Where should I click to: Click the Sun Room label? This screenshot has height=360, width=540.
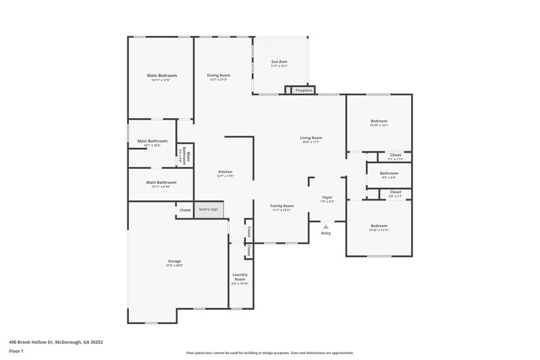tap(279, 62)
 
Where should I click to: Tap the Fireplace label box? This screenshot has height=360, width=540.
tap(304, 90)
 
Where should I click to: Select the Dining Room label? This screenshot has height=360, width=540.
tap(219, 75)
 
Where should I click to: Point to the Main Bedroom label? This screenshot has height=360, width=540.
tap(162, 75)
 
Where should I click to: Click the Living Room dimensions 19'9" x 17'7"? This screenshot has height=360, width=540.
tap(310, 142)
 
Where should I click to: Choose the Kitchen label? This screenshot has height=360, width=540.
tap(225, 172)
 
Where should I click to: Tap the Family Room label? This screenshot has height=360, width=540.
tap(281, 205)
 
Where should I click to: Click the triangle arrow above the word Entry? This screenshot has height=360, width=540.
tap(326, 227)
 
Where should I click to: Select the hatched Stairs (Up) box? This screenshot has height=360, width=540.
tap(209, 209)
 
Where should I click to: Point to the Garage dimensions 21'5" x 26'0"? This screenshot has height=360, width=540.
tap(174, 265)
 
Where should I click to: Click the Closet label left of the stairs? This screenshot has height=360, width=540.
tap(185, 210)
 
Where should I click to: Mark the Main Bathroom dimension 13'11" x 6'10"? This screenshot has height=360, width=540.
tap(161, 186)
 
